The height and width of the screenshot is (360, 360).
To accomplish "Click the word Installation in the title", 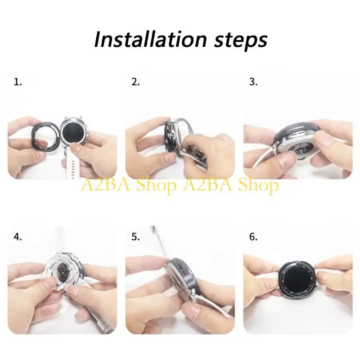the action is click(150, 40).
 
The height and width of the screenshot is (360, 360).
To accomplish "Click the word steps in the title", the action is click(241, 41).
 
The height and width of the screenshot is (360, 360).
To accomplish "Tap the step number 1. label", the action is click(18, 82).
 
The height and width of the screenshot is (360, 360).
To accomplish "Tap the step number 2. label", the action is click(135, 82).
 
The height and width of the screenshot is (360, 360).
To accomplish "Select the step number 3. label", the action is click(253, 82).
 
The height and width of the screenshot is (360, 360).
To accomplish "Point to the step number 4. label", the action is click(18, 237).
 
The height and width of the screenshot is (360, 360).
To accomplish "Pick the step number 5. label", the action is click(135, 237).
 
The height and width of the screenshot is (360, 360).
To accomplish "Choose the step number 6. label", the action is click(253, 237).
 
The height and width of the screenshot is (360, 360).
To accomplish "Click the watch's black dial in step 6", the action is click(296, 279).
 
